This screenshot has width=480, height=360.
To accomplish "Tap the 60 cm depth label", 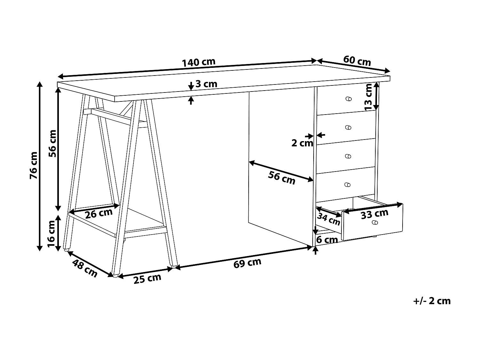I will (357, 60).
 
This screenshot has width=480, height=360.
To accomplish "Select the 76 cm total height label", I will (34, 165).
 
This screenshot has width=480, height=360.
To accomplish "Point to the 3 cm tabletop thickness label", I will (206, 84).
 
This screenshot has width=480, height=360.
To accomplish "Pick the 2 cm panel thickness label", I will (302, 143).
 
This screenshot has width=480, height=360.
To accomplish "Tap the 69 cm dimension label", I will (247, 263).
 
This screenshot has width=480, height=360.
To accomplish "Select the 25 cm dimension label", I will (147, 279).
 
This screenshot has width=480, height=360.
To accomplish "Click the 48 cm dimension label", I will (85, 268).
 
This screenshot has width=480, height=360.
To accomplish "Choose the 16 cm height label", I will (52, 234).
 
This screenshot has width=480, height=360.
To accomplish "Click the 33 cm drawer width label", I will (374, 214).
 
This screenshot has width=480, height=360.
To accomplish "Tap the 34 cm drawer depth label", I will (328, 219).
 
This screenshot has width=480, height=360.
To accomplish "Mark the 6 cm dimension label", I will (327, 239).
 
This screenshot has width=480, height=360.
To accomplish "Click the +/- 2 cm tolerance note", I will (432, 301).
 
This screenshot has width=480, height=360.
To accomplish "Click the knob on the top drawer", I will (348, 99).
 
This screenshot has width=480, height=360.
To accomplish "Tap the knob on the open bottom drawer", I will (375, 223).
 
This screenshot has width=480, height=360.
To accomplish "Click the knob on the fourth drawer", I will (348, 185).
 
